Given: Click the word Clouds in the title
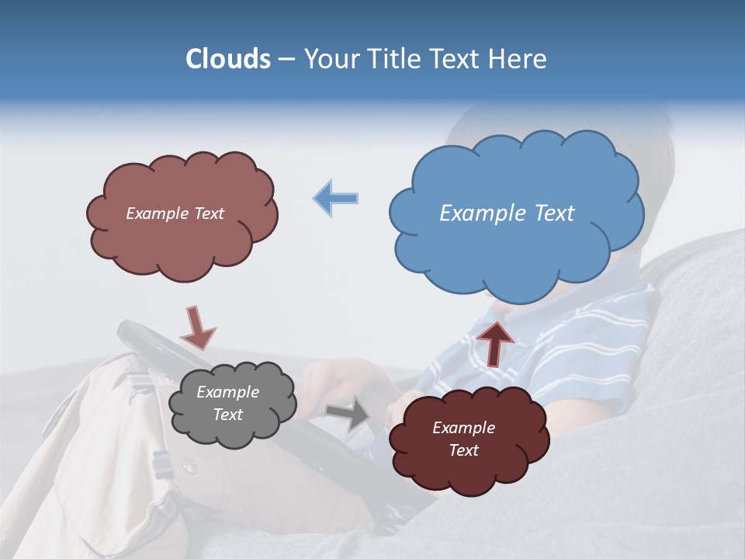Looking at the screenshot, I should tap(227, 59).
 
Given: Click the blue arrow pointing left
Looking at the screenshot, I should tap(336, 199).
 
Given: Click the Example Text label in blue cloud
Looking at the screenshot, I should tap(507, 214).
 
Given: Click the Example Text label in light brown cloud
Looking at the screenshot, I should tap(175, 214).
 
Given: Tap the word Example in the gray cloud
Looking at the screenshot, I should tap(227, 392).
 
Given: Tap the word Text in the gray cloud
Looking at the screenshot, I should tap(227, 415).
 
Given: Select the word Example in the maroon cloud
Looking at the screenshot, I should tap(463, 428).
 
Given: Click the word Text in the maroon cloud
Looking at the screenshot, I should tap(463, 450).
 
